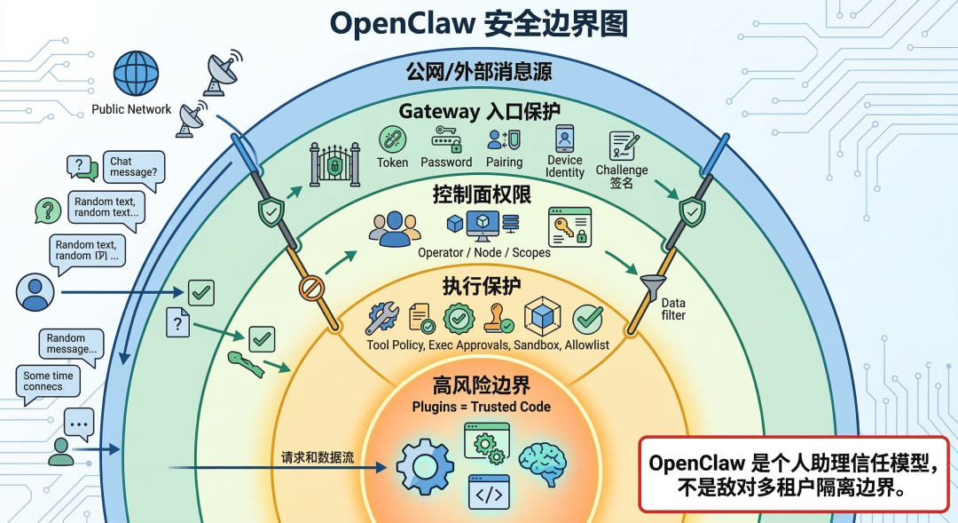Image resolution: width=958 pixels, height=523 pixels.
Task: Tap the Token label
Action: [392, 162]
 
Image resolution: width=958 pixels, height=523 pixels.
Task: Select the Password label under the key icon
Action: [446, 162]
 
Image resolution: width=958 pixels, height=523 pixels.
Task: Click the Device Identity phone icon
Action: [565, 139]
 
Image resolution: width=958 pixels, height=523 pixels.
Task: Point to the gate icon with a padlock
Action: [334, 164]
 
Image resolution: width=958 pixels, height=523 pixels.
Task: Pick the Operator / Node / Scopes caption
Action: [483, 252]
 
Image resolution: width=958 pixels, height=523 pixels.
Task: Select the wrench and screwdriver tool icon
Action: [382, 318]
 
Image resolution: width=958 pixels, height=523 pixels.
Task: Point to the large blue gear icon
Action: [425, 466]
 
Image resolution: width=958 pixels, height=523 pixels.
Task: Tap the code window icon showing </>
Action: [489, 491]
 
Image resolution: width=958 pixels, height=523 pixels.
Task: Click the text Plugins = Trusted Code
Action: [481, 407]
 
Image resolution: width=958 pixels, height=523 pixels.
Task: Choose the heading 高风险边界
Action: [482, 385]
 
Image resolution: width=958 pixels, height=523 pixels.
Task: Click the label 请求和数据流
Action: [318, 458]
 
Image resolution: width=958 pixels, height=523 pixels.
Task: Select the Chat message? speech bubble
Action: [133, 168]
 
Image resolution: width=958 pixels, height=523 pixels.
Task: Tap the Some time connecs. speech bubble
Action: [50, 382]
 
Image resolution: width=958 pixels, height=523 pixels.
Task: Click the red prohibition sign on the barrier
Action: [311, 288]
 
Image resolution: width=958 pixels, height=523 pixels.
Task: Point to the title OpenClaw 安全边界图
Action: [479, 24]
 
